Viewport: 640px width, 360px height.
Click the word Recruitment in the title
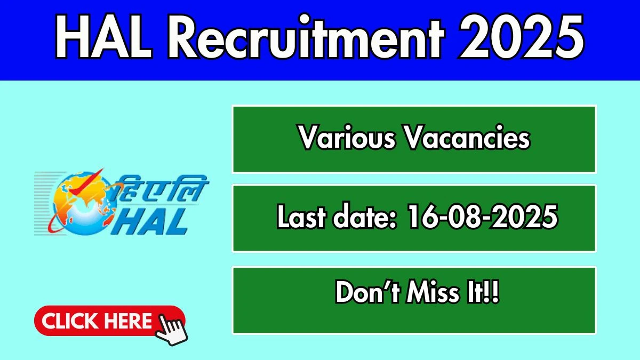click(x=306, y=37)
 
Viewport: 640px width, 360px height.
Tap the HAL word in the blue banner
click(x=103, y=37)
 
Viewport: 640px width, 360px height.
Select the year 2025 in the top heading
click(x=521, y=37)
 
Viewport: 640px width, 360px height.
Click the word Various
click(x=347, y=138)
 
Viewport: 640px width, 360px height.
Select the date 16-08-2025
click(x=482, y=216)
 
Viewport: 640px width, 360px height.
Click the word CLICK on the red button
click(x=69, y=321)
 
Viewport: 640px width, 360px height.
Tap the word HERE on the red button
click(x=127, y=321)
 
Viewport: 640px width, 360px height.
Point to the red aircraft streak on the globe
click(x=86, y=182)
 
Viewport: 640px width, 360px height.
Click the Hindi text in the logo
click(x=162, y=189)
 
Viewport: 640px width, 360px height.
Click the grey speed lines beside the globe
click(x=46, y=203)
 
